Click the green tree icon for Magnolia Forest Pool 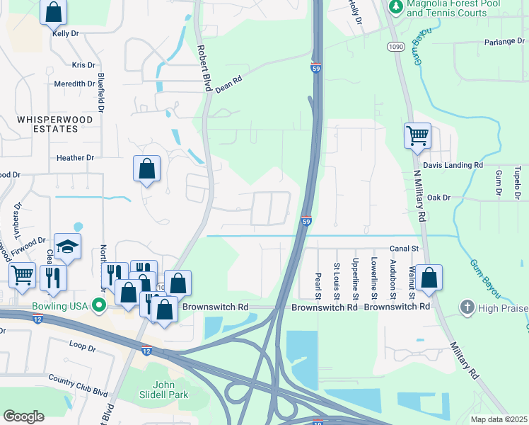pos(396,6)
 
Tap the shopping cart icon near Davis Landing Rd pos(417,135)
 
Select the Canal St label pos(405,249)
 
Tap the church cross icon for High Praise pos(466,307)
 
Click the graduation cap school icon pos(67,246)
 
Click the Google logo pos(23,416)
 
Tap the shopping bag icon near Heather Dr pos(146,169)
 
